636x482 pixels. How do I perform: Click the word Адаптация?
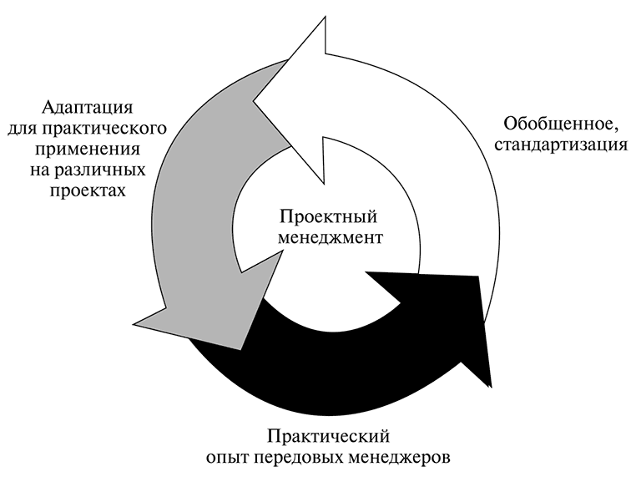(x=88, y=109)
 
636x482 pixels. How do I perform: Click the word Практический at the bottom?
(x=329, y=435)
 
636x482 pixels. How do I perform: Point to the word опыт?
(x=228, y=457)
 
